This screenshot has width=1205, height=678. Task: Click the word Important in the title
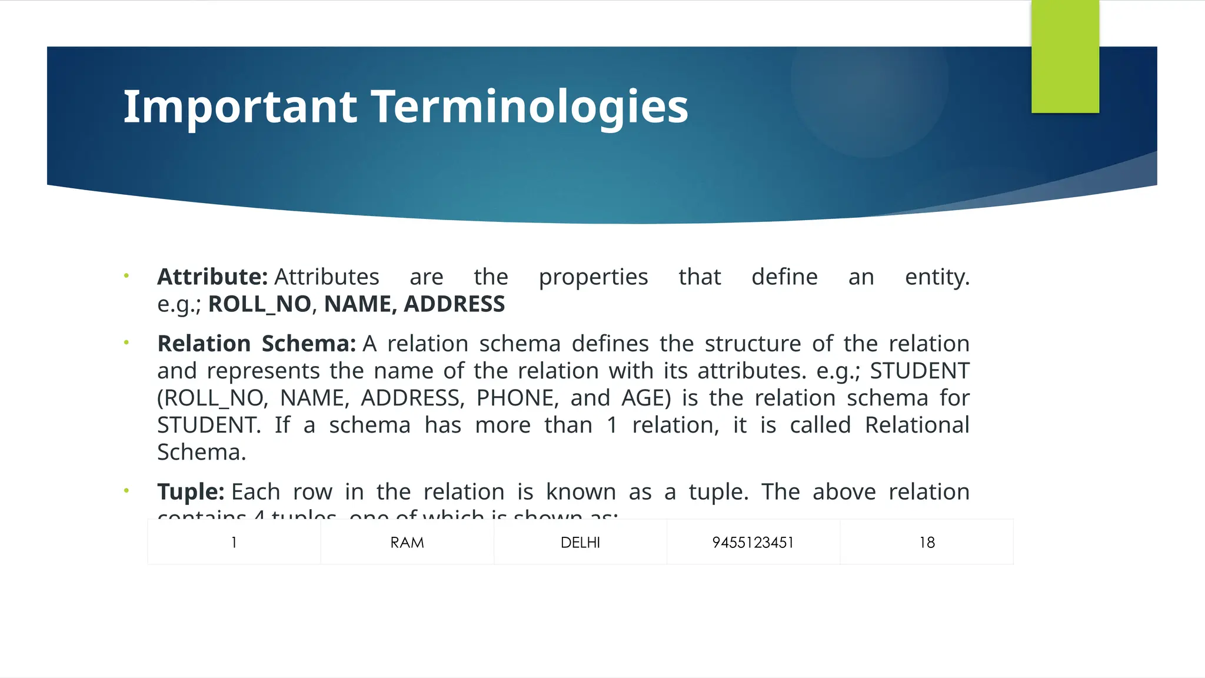click(239, 107)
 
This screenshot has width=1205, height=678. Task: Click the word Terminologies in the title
click(529, 107)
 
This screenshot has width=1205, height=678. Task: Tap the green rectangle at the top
click(1065, 56)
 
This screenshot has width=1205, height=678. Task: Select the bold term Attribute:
click(212, 277)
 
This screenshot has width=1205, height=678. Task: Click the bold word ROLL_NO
click(259, 304)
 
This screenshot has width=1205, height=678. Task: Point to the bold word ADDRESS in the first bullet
click(454, 304)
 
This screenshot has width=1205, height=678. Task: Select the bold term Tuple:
click(191, 492)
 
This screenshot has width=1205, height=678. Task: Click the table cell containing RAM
click(407, 543)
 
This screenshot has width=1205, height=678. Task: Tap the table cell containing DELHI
click(580, 543)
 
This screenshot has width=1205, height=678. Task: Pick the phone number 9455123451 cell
click(753, 543)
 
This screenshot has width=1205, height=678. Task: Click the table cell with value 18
click(927, 543)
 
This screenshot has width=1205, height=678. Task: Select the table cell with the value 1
click(234, 543)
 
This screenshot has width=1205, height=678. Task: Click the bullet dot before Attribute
click(126, 276)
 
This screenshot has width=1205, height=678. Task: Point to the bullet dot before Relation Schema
click(126, 343)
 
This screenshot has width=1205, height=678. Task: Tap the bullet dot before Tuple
click(126, 491)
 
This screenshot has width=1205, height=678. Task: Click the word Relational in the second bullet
click(916, 426)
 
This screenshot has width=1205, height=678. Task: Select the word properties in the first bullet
click(593, 277)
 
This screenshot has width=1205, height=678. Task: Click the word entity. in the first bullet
click(937, 277)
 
